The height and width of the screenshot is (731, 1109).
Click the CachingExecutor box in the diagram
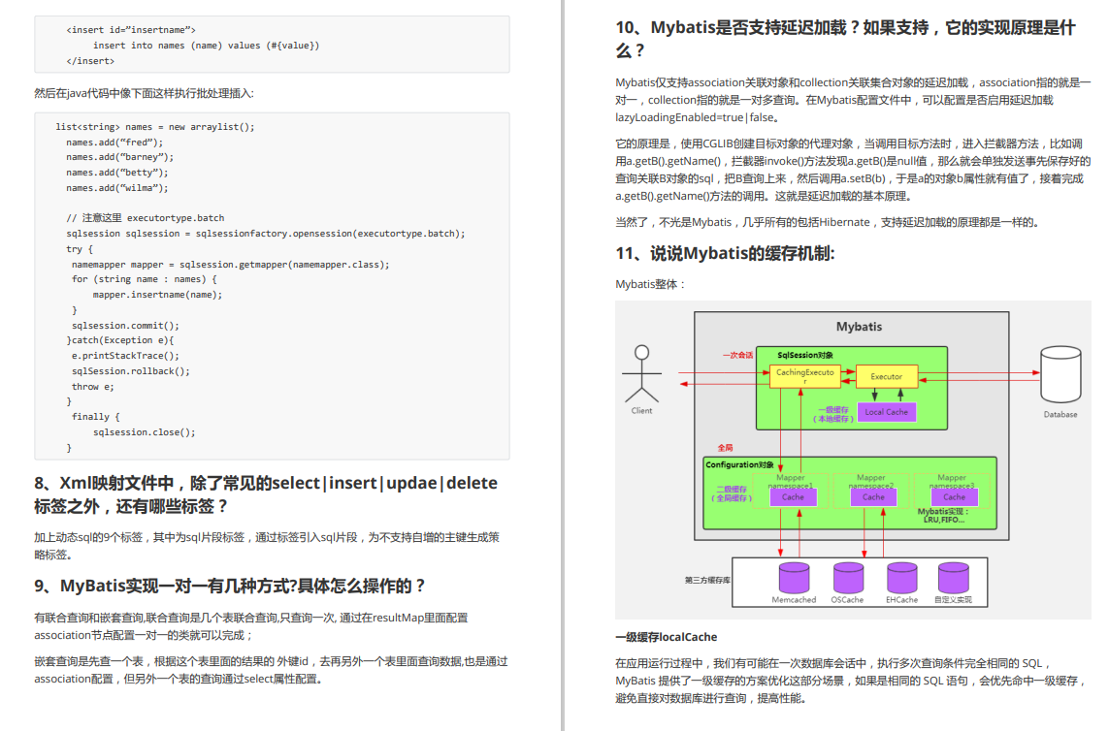click(805, 376)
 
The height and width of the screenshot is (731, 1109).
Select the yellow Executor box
click(886, 376)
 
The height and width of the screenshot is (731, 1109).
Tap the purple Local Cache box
click(886, 412)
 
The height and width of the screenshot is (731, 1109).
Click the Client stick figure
click(641, 375)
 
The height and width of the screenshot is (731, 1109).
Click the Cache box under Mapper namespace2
click(873, 496)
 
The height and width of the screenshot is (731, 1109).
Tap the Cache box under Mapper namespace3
click(954, 496)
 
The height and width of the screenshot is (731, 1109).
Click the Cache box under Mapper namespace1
click(793, 496)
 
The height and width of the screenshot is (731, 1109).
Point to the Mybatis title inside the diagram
click(859, 327)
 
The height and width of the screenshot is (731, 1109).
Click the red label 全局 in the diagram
click(726, 447)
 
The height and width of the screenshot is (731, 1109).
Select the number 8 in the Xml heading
click(40, 483)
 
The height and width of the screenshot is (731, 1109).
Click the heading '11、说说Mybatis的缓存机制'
click(725, 254)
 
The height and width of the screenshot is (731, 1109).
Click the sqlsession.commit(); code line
click(125, 325)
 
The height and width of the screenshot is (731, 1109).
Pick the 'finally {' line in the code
click(95, 417)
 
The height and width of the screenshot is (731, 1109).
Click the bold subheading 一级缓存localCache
click(666, 637)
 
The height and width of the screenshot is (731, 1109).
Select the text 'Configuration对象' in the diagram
click(739, 465)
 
